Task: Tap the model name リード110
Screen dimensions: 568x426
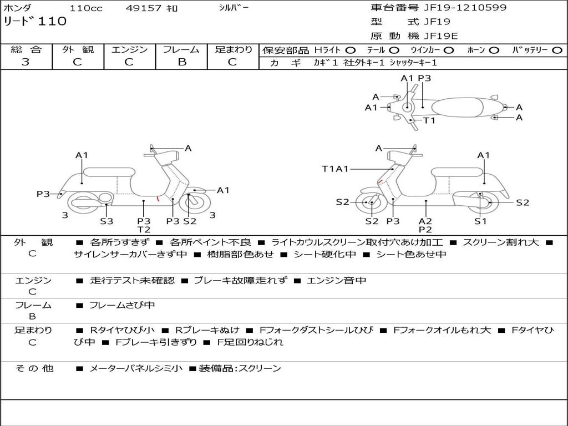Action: click(x=35, y=22)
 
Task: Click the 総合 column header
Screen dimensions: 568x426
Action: click(x=26, y=49)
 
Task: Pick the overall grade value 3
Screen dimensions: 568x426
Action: click(x=26, y=62)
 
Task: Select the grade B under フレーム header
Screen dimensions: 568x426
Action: click(x=181, y=62)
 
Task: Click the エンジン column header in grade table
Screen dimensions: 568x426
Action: click(x=129, y=49)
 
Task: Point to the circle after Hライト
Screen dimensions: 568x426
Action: click(x=351, y=50)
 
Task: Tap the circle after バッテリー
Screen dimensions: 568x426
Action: click(x=557, y=50)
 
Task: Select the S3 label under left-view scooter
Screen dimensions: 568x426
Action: click(x=106, y=221)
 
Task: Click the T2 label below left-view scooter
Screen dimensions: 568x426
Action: click(x=144, y=230)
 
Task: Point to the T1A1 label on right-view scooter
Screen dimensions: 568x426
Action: click(x=335, y=169)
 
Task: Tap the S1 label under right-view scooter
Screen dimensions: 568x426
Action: click(x=480, y=221)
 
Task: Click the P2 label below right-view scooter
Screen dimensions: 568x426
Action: click(x=425, y=230)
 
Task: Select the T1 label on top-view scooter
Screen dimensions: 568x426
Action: click(x=429, y=120)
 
